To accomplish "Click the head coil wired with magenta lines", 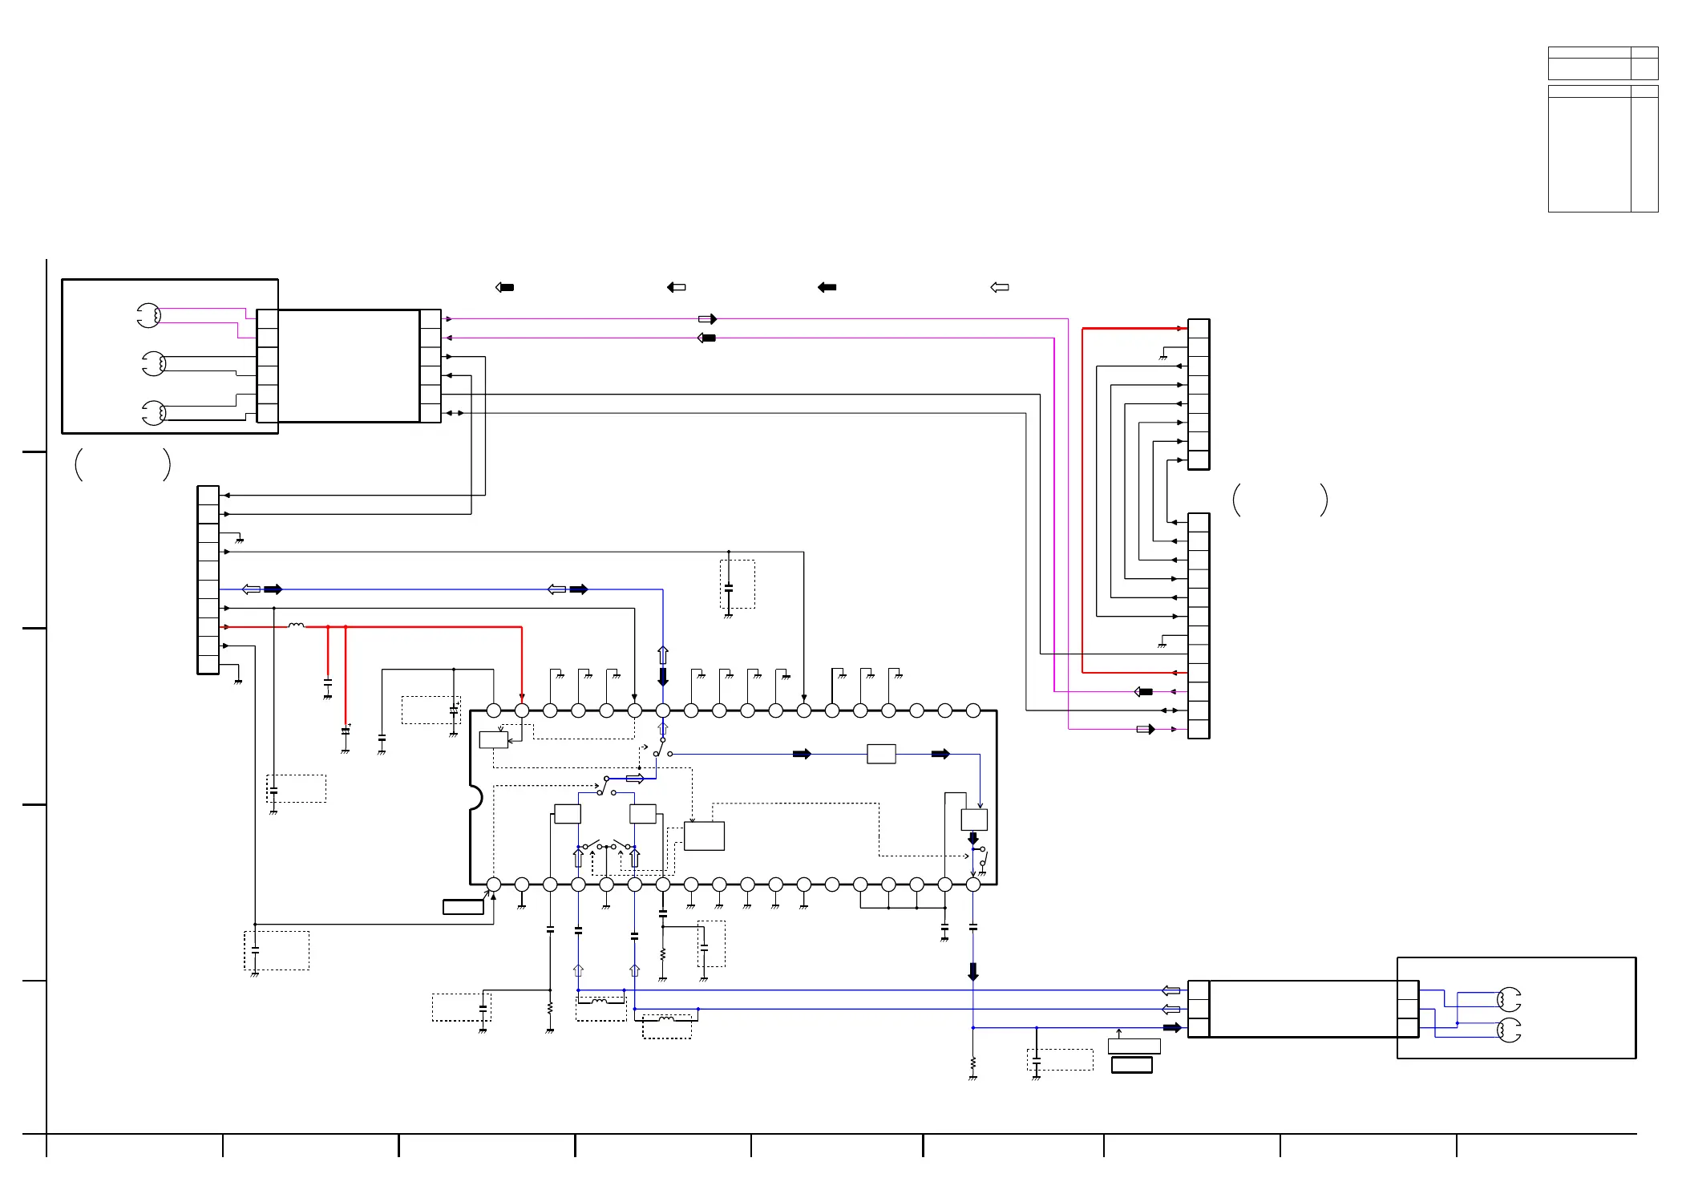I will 149,316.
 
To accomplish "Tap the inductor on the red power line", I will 296,625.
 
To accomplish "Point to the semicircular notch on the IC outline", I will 475,797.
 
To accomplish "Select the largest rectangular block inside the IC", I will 704,836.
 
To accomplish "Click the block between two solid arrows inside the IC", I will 881,754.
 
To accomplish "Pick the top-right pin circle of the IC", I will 973,710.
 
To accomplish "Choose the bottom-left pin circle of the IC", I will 494,884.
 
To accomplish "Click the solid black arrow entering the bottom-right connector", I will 1172,1028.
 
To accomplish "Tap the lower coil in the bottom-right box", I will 1509,1030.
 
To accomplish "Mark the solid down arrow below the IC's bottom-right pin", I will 973,972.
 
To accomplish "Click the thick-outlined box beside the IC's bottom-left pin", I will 463,907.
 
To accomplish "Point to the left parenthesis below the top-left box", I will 79,464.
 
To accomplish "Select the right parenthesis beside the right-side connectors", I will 1324,500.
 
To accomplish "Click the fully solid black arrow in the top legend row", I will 827,287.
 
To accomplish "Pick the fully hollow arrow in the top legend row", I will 1000,287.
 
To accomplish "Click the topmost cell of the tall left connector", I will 208,495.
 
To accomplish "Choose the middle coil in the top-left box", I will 154,364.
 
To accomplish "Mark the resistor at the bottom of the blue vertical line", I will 973,1063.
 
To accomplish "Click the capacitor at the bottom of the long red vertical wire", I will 346,731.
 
